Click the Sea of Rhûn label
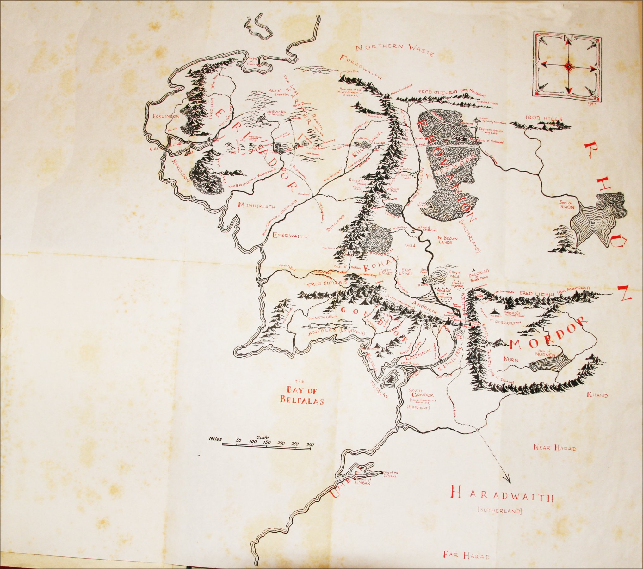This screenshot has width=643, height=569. [x=567, y=205]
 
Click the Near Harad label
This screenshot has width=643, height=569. [x=555, y=448]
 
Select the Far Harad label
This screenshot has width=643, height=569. [x=466, y=555]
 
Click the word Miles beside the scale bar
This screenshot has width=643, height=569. [x=215, y=439]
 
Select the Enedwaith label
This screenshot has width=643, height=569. [x=290, y=235]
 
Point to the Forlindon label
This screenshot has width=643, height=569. [x=166, y=116]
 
